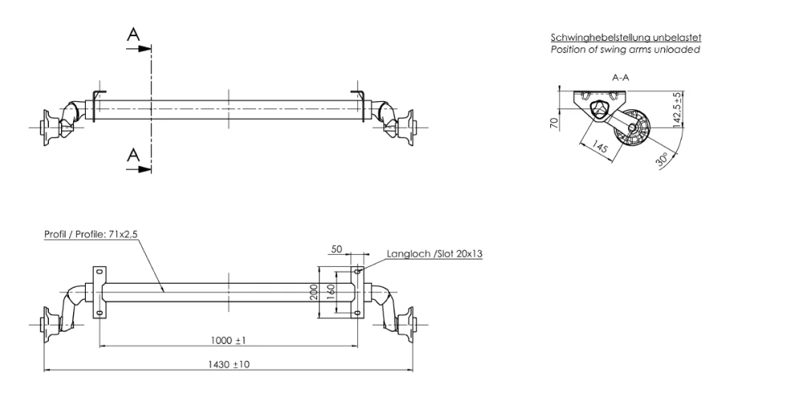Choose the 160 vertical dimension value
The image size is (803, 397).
pos(330,290)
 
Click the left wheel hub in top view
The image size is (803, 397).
pos(51,126)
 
